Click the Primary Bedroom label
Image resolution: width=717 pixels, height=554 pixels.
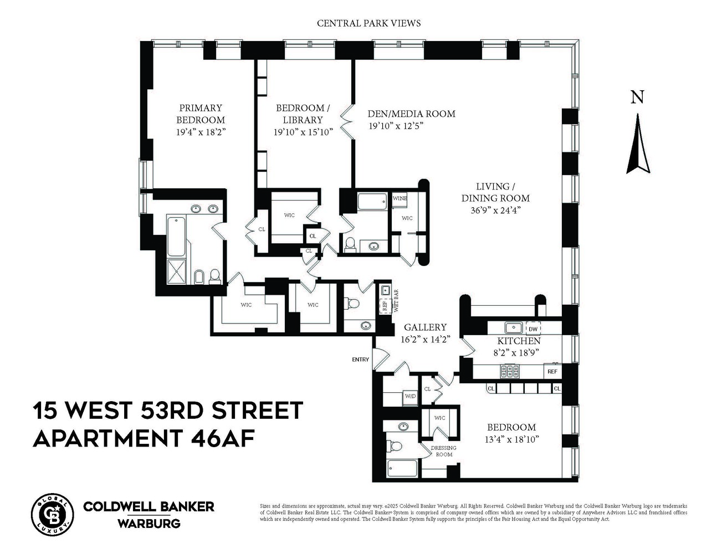(201, 114)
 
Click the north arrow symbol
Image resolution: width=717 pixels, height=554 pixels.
(638, 144)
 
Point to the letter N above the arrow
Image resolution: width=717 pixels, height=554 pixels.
(638, 98)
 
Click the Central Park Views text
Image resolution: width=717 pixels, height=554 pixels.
(368, 23)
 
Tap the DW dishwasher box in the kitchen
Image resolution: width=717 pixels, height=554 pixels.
(533, 329)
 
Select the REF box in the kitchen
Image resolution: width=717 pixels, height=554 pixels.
(552, 371)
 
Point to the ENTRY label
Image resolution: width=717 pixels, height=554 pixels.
(360, 360)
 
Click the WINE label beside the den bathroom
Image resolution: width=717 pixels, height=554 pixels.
(400, 198)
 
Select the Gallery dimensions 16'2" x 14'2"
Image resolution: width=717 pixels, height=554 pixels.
(424, 340)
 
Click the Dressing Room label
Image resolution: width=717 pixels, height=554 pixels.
(444, 451)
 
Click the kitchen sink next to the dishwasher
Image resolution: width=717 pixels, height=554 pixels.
(513, 327)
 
